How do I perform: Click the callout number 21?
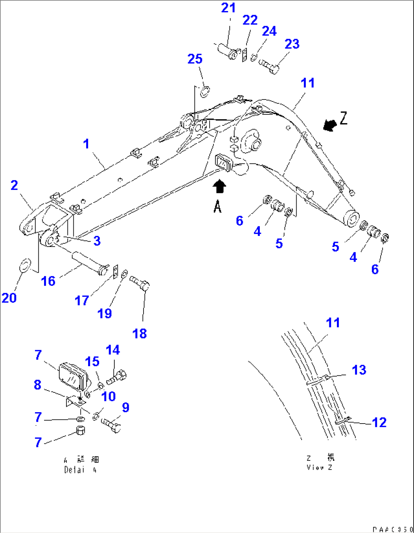[228, 8]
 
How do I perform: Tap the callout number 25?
[195, 59]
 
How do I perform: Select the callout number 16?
[48, 281]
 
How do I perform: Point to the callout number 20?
[9, 298]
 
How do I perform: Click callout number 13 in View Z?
[359, 370]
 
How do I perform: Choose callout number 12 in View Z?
[379, 422]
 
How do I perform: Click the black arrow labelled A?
[220, 187]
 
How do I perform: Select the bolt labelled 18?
[140, 283]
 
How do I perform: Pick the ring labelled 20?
[25, 265]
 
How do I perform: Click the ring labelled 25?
[205, 92]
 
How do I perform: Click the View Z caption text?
[319, 463]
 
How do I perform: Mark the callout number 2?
[14, 185]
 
